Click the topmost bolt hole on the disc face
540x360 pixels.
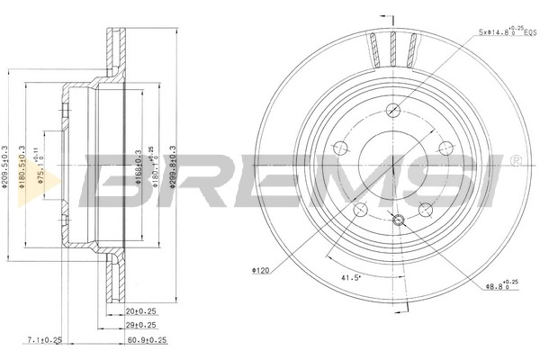(392, 111)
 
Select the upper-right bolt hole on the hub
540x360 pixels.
(445, 149)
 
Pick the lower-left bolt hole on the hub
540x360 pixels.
(360, 210)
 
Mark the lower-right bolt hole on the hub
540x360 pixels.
(425, 210)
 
